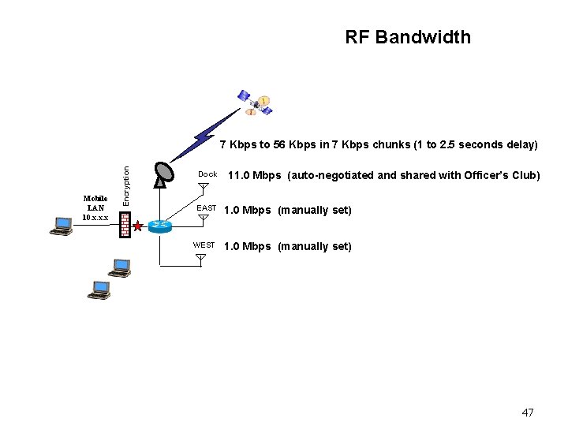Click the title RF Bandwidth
pos(407,37)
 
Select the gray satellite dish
pos(163,175)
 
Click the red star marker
pos(139,227)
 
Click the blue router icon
pos(161,226)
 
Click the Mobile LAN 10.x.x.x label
pos(95,207)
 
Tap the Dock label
pos(207,174)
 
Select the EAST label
pos(206,208)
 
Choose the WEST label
pos(204,245)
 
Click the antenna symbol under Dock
pos(203,189)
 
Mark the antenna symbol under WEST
pos(200,258)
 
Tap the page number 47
pos(528,413)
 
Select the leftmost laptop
pos(60,226)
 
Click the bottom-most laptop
pos(99,290)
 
